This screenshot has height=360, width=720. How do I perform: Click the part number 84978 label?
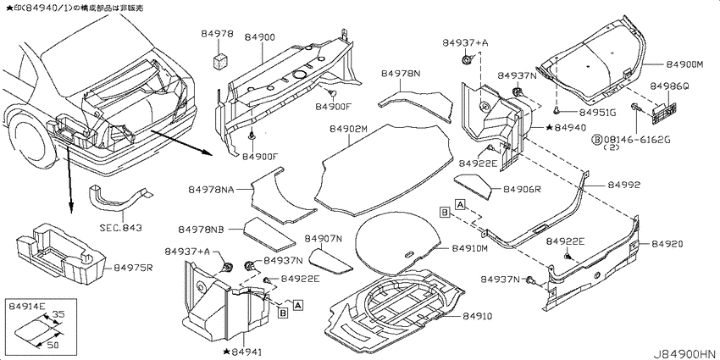(217, 34)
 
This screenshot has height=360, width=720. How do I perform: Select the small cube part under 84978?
(221, 59)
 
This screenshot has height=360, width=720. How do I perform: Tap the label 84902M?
(348, 130)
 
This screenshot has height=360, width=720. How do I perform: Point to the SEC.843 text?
(121, 227)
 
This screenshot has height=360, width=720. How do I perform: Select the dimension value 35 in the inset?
(58, 315)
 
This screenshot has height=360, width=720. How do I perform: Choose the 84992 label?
(624, 185)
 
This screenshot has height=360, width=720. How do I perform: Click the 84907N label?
(324, 238)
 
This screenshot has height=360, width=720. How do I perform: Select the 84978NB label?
(201, 229)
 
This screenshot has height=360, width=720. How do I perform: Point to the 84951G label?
(599, 112)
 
